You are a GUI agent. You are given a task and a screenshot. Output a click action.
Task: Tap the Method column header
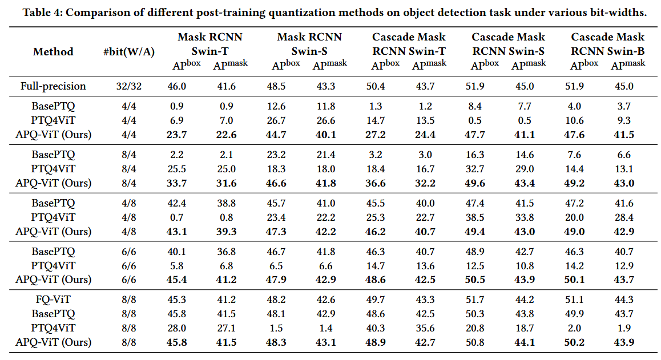click(x=53, y=52)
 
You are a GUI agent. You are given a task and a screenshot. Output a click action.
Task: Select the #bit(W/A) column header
click(x=129, y=52)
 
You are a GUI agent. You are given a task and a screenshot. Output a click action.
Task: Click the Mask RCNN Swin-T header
click(x=210, y=44)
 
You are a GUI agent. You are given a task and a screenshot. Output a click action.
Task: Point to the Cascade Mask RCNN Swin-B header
click(x=607, y=44)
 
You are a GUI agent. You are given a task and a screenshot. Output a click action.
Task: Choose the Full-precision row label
click(x=53, y=86)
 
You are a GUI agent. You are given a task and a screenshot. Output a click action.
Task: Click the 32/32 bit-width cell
click(x=129, y=86)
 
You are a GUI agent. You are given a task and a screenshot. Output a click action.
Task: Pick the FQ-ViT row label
click(x=53, y=300)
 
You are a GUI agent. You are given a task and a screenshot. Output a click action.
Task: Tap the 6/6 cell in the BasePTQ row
click(x=129, y=252)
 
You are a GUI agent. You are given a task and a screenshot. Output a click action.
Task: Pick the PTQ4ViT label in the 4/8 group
click(x=53, y=217)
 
